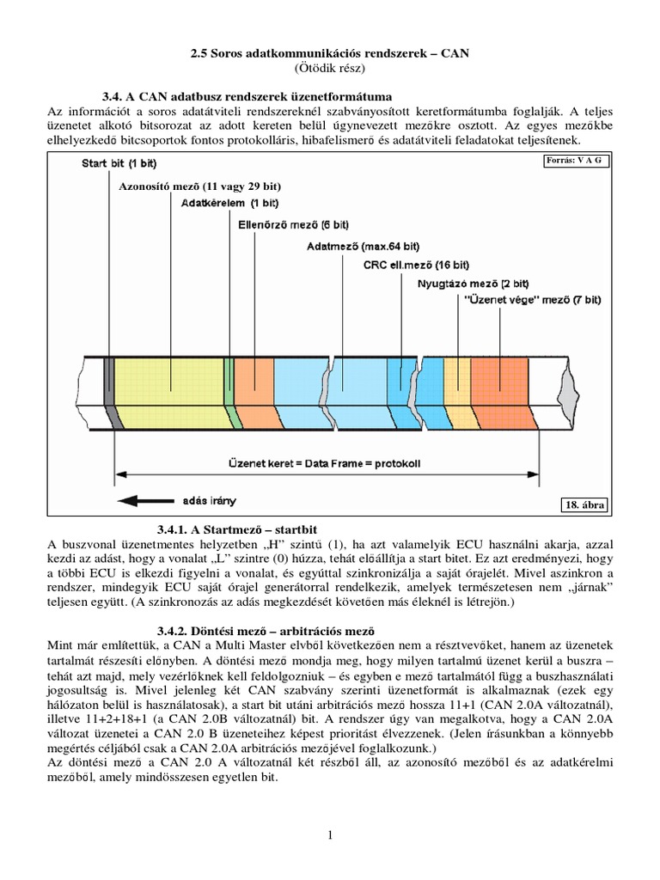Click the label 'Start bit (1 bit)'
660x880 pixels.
pos(119,162)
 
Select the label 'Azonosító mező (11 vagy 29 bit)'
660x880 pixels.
pos(200,186)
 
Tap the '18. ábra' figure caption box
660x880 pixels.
pos(584,505)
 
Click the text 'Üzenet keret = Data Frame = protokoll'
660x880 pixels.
pos(325,462)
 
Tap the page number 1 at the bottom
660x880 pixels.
pos(330,834)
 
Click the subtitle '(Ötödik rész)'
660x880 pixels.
pos(330,67)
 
